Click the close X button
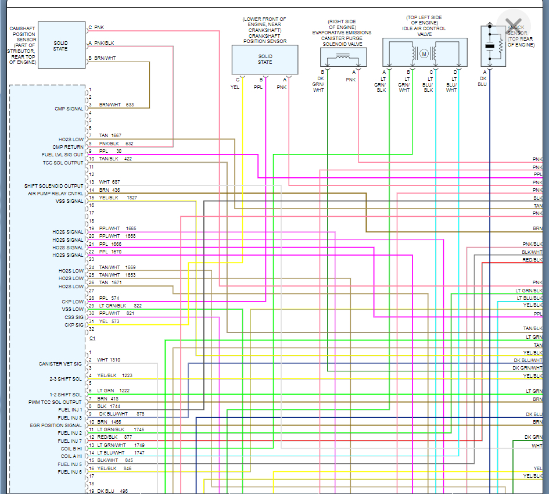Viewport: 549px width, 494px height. tap(513, 26)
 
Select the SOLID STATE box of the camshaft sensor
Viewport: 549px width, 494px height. tap(61, 45)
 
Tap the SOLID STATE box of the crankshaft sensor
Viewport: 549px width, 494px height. tap(265, 59)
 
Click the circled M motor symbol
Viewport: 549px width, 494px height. tap(424, 54)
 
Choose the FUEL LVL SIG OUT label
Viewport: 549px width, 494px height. tap(63, 155)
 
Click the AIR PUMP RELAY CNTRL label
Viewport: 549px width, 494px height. tap(56, 194)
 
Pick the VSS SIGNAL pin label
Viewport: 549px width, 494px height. tap(70, 201)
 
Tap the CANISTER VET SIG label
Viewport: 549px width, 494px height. tap(60, 364)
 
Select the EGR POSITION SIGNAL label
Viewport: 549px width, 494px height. tap(56, 425)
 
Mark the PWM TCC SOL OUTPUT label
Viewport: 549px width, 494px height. tap(55, 402)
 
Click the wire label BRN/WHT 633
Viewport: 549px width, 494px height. tap(116, 105)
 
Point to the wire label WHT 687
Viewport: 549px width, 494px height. tap(109, 182)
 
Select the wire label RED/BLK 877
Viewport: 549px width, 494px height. tap(115, 437)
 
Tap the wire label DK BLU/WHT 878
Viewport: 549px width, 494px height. tap(121, 414)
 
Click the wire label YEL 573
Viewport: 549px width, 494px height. tap(109, 321)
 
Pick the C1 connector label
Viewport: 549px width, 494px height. tap(92, 338)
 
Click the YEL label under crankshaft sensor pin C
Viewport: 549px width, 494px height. tap(235, 87)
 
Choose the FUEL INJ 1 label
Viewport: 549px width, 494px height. tap(70, 410)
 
